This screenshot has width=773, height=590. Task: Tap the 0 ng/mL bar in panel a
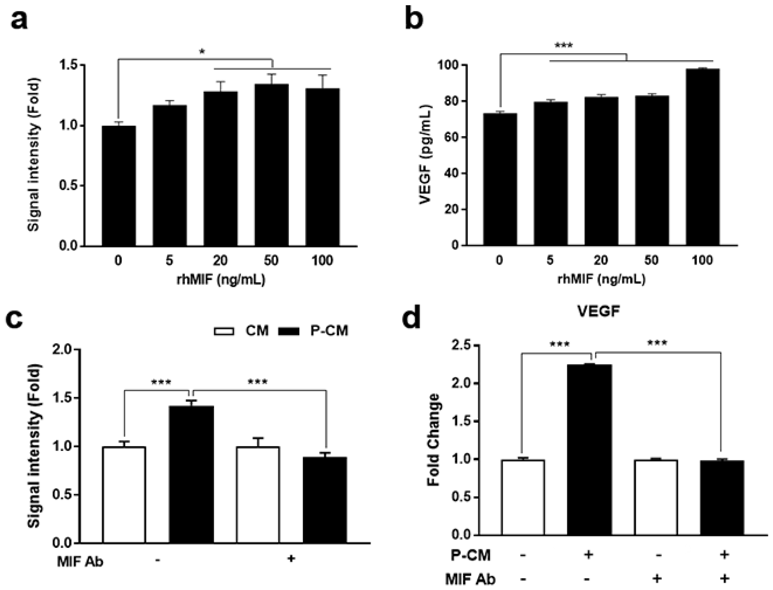(x=119, y=186)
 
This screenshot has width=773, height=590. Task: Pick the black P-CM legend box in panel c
(x=289, y=331)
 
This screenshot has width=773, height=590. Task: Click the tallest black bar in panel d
(x=590, y=449)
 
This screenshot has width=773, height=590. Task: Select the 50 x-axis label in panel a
(x=271, y=260)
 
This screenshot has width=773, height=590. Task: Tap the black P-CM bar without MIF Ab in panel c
(x=191, y=474)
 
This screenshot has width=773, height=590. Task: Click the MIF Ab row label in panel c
(x=80, y=562)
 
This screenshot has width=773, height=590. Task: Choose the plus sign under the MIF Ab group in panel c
(x=291, y=558)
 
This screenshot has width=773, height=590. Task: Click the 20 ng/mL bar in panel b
(x=601, y=172)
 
